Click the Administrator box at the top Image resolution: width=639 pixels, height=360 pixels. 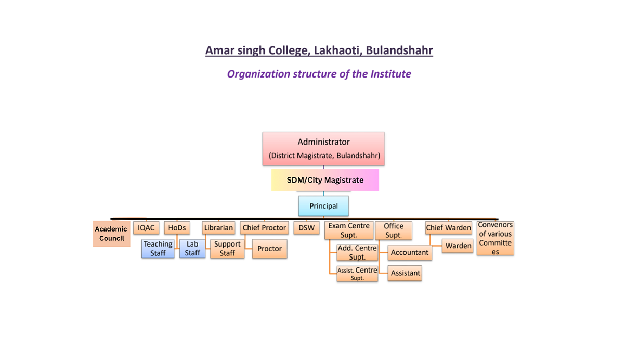[x=323, y=148]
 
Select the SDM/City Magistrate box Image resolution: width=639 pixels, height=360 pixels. [x=325, y=180]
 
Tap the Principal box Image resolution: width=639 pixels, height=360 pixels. [x=323, y=206]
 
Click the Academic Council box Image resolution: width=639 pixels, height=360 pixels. [x=111, y=234]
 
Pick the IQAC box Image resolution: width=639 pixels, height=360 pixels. [x=146, y=228]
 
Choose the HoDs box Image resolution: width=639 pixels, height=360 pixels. [x=177, y=228]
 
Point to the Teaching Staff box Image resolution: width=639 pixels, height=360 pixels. [x=158, y=249]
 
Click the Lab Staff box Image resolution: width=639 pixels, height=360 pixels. [x=192, y=249]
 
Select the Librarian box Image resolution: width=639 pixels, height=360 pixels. [x=218, y=228]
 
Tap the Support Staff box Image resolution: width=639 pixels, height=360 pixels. [x=227, y=249]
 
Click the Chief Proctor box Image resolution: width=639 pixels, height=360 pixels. [x=264, y=228]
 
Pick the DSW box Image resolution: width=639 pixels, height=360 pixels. [x=306, y=228]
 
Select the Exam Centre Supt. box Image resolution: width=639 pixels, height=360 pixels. [x=349, y=230]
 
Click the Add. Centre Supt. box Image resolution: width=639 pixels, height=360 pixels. [x=357, y=252]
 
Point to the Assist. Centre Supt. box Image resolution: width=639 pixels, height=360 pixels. [x=357, y=274]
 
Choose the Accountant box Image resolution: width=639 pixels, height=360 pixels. [x=410, y=252]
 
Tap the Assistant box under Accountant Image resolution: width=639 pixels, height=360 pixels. [x=405, y=273]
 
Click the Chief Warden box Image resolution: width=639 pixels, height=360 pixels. [x=448, y=228]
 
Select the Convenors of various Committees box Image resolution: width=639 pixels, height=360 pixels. [x=495, y=238]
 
